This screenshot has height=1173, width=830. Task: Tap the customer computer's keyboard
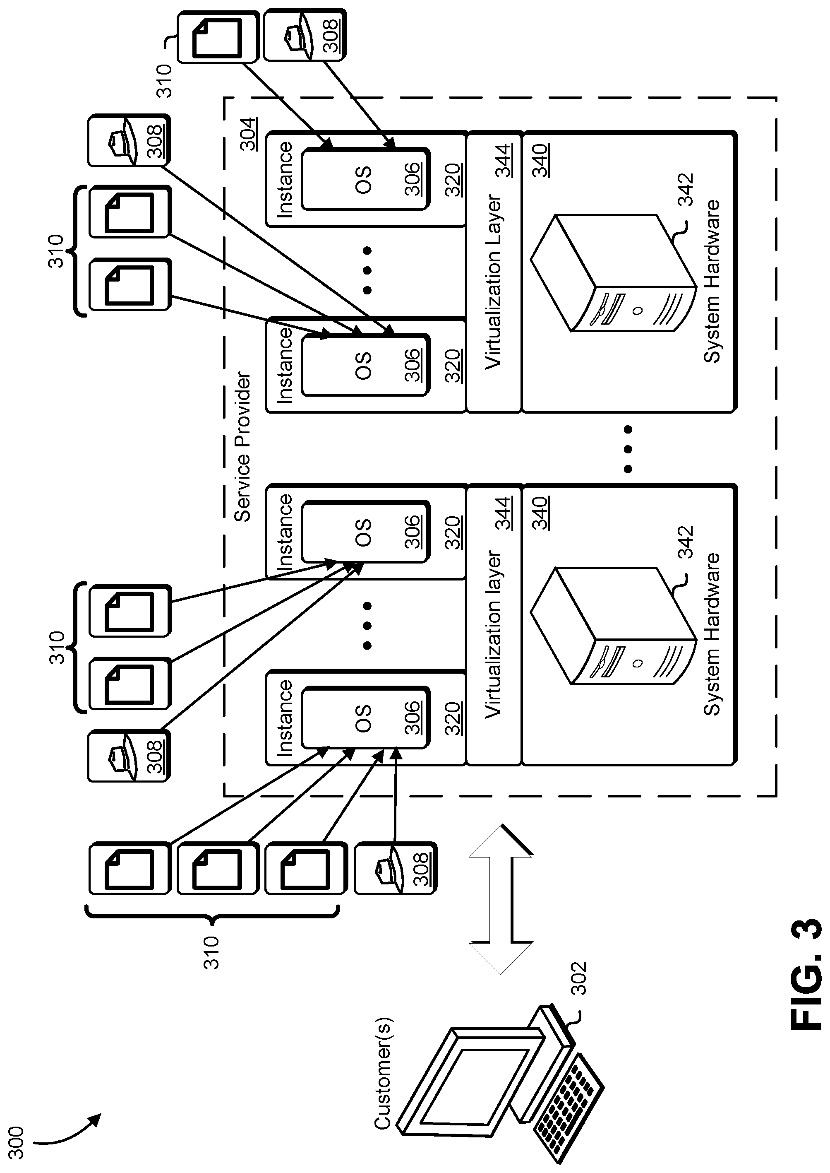(x=567, y=1110)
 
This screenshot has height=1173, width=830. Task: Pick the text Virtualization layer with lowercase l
(x=494, y=634)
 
